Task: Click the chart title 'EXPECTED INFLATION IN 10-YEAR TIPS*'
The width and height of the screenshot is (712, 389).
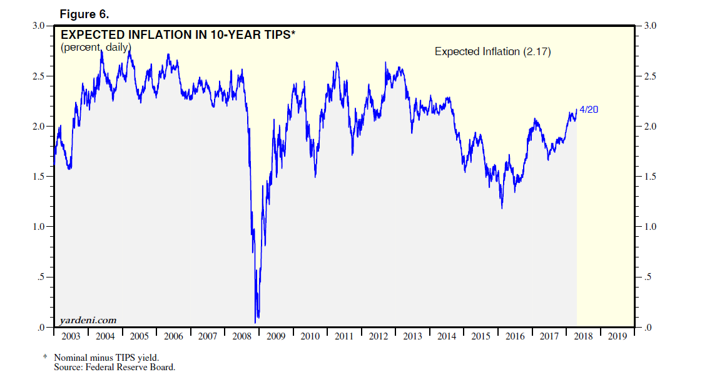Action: point(177,35)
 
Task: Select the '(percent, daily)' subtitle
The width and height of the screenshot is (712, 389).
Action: point(95,47)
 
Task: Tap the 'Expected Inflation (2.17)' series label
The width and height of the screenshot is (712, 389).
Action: point(492,52)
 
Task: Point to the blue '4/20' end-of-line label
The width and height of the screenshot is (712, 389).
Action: point(589,110)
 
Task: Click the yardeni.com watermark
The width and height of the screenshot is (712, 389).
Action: point(88,321)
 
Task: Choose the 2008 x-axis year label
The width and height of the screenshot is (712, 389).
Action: point(242,337)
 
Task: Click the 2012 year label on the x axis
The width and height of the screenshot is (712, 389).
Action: point(378,337)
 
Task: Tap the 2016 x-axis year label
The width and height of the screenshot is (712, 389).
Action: point(515,337)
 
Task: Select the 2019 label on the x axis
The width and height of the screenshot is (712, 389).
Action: point(617,337)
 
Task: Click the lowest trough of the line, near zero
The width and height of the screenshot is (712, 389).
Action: point(256,321)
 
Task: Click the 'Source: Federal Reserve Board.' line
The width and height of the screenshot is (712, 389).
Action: point(114,367)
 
